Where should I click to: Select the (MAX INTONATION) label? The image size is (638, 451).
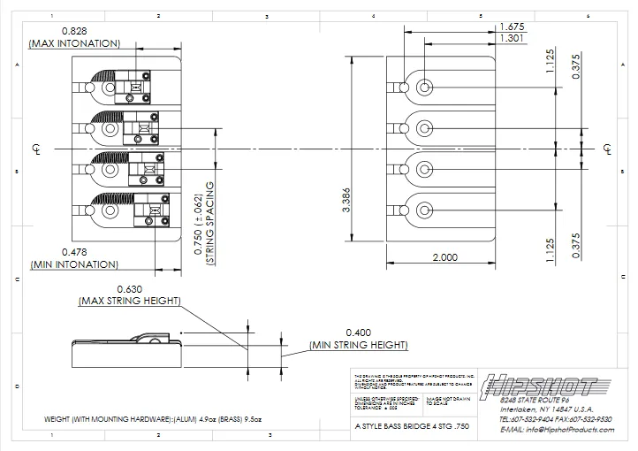[x=74, y=43]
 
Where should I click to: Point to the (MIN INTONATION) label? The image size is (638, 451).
[x=74, y=264]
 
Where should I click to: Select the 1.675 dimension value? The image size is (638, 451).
[x=513, y=26]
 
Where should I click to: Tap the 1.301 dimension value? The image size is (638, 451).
[x=513, y=38]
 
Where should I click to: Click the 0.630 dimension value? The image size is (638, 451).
[x=129, y=288]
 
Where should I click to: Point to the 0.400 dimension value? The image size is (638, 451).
[x=359, y=332]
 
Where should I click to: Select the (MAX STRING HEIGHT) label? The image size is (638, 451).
[x=129, y=301]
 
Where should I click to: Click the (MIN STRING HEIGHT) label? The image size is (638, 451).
[x=359, y=345]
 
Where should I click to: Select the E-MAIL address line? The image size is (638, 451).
[x=556, y=429]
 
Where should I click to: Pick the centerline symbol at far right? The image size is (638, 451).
[x=606, y=149]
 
